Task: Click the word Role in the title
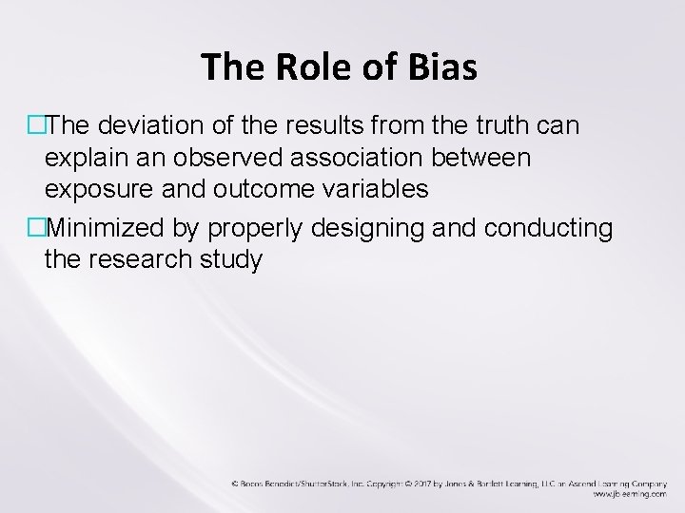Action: [x=308, y=67]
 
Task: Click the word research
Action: [x=150, y=258]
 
